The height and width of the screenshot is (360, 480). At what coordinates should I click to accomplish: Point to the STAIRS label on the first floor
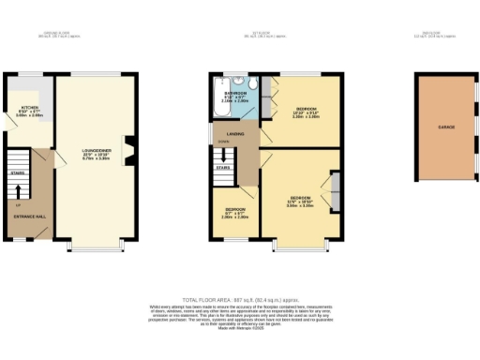point(222,168)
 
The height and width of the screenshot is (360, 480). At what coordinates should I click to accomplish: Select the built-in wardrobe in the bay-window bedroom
point(334,191)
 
